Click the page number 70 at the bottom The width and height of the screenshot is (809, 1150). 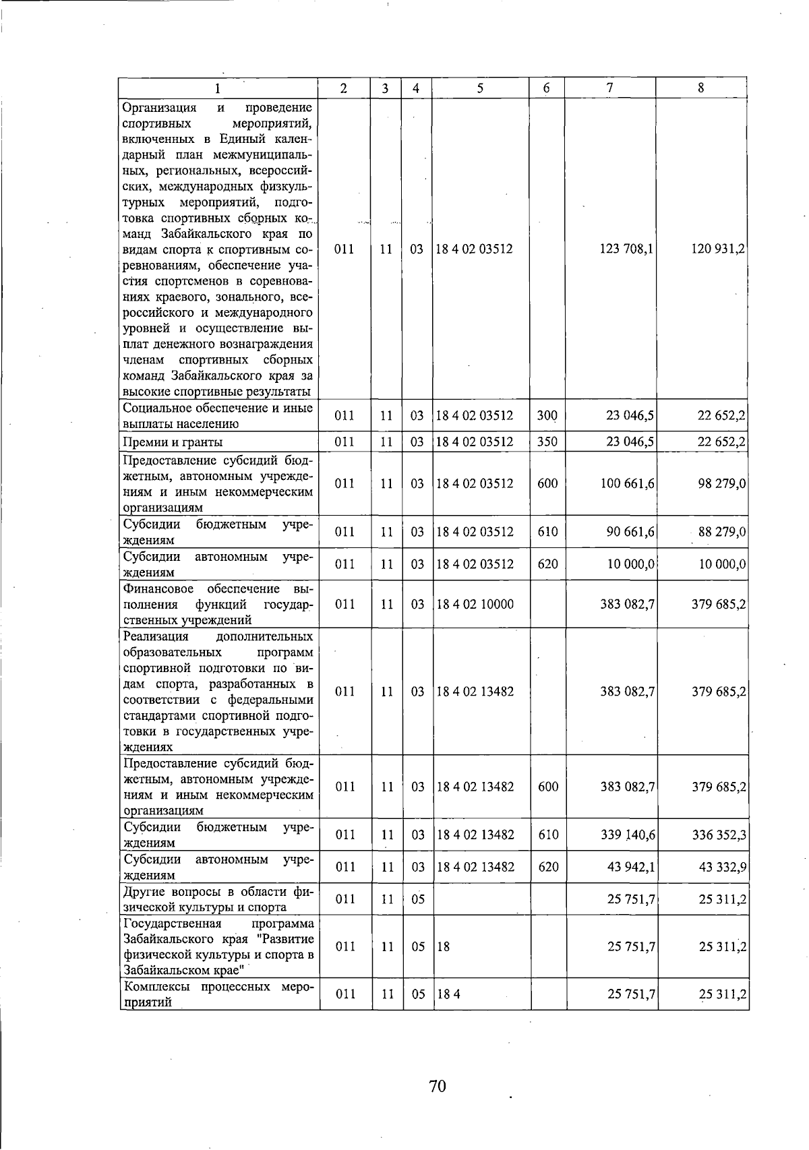pos(438,1086)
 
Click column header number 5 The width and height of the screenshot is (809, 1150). pos(480,88)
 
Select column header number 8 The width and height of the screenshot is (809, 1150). pos(701,88)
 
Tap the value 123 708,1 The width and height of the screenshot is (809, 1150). pos(626,249)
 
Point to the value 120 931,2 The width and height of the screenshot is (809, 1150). pos(718,249)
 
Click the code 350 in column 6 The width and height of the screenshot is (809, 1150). pos(547,442)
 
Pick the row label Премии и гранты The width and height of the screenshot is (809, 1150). pos(173,442)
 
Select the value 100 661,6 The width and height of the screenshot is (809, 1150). pos(627,483)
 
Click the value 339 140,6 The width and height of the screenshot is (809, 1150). pos(628,835)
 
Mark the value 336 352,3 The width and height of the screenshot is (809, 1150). pos(719,835)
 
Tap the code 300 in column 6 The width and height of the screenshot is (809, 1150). pos(547,415)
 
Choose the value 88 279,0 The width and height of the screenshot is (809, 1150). pos(722,532)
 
